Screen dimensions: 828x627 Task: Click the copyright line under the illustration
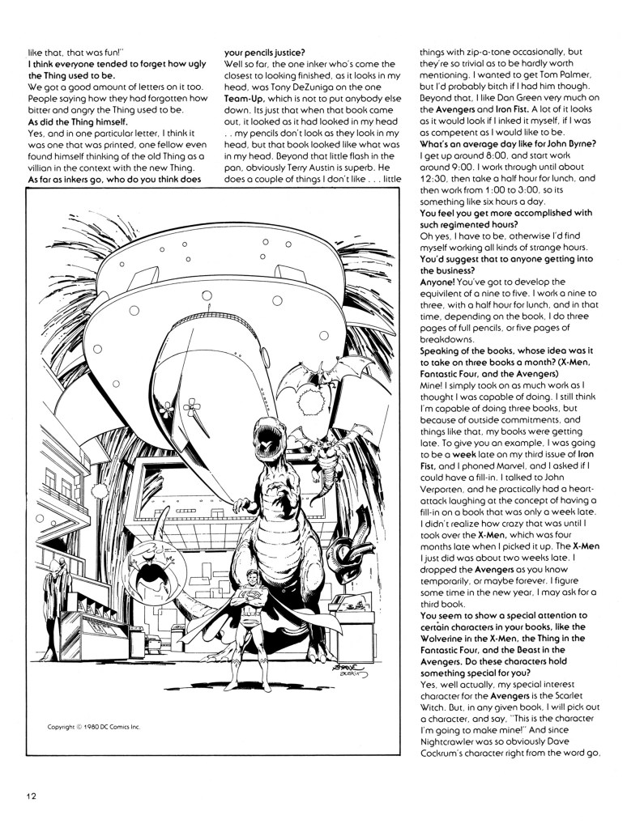coord(95,726)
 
